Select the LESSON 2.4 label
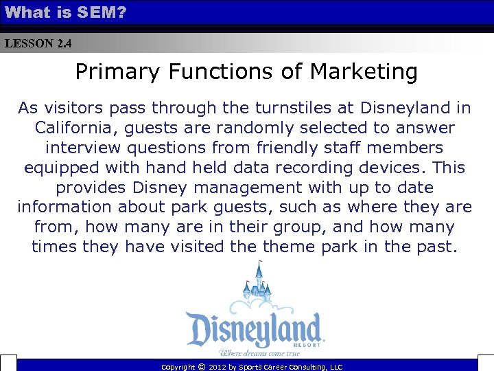38,44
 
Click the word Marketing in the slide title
364,71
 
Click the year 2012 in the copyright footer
220,368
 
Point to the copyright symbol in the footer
201,368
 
